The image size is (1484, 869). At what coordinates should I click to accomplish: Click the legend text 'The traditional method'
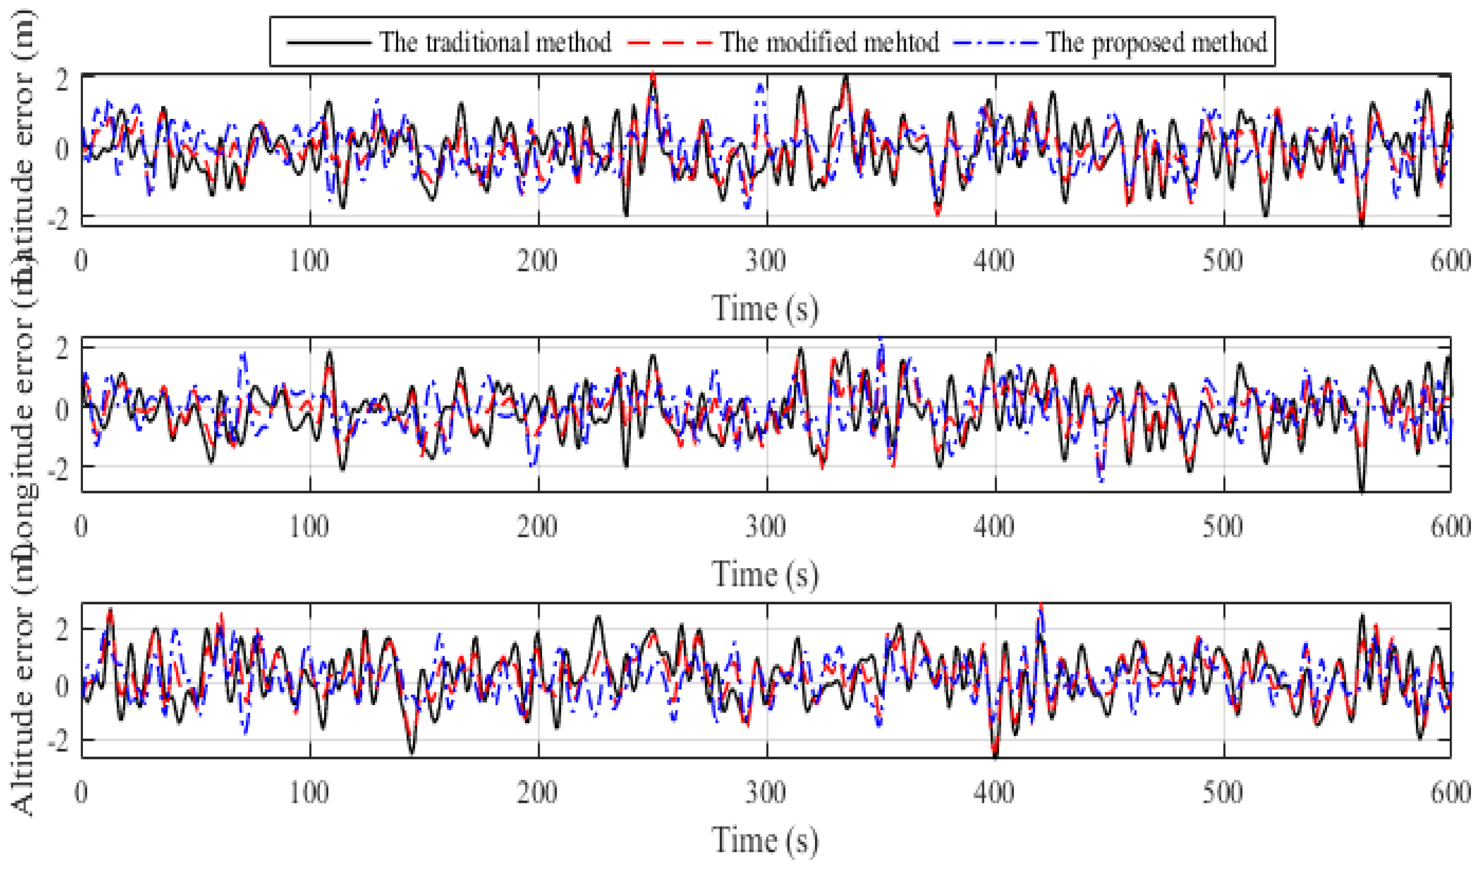tap(495, 42)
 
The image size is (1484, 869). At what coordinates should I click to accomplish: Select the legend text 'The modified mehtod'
tap(829, 42)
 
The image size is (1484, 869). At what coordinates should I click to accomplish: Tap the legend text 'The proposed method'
tap(1156, 42)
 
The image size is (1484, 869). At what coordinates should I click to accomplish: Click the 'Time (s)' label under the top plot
tap(765, 308)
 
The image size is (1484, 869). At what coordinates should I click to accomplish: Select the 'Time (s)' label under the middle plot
tap(765, 573)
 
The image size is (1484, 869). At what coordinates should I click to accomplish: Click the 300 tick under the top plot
tap(765, 260)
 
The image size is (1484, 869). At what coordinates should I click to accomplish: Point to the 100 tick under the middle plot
tap(309, 526)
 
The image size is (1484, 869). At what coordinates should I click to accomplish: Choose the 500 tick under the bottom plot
tap(1223, 792)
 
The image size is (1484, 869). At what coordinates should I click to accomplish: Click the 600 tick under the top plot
tap(1450, 260)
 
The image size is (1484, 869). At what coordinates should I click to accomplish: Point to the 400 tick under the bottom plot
tap(994, 792)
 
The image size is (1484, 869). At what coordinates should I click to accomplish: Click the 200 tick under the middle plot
tap(537, 526)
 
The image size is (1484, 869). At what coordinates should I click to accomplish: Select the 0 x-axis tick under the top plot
tap(81, 260)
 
